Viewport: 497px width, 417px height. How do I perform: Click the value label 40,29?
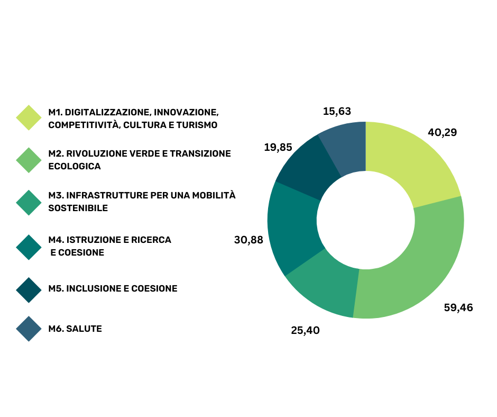click(x=442, y=133)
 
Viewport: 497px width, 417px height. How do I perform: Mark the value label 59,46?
click(x=458, y=307)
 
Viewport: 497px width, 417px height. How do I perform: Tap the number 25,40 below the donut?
click(x=305, y=331)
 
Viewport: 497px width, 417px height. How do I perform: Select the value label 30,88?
click(x=248, y=240)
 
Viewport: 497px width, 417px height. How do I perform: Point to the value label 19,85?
click(x=278, y=147)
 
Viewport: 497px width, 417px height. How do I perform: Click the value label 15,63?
click(x=337, y=111)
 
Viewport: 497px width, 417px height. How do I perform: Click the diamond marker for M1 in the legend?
click(x=29, y=117)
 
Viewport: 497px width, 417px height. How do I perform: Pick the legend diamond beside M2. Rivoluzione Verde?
click(x=29, y=160)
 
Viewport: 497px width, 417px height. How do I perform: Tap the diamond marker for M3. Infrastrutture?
click(x=29, y=203)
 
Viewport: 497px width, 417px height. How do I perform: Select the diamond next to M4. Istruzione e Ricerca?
click(x=29, y=247)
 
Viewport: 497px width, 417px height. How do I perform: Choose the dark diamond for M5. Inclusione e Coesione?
click(x=29, y=289)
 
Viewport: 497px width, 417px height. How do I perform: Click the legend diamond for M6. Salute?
click(x=29, y=329)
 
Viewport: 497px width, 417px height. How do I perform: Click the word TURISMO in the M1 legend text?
click(x=198, y=125)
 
